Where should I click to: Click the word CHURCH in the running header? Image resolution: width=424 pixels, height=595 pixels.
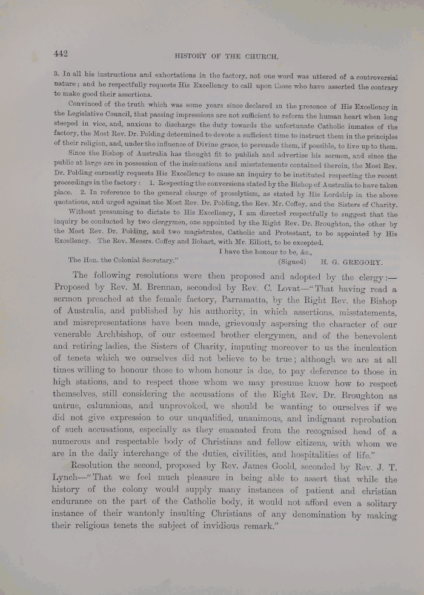[260, 57]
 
